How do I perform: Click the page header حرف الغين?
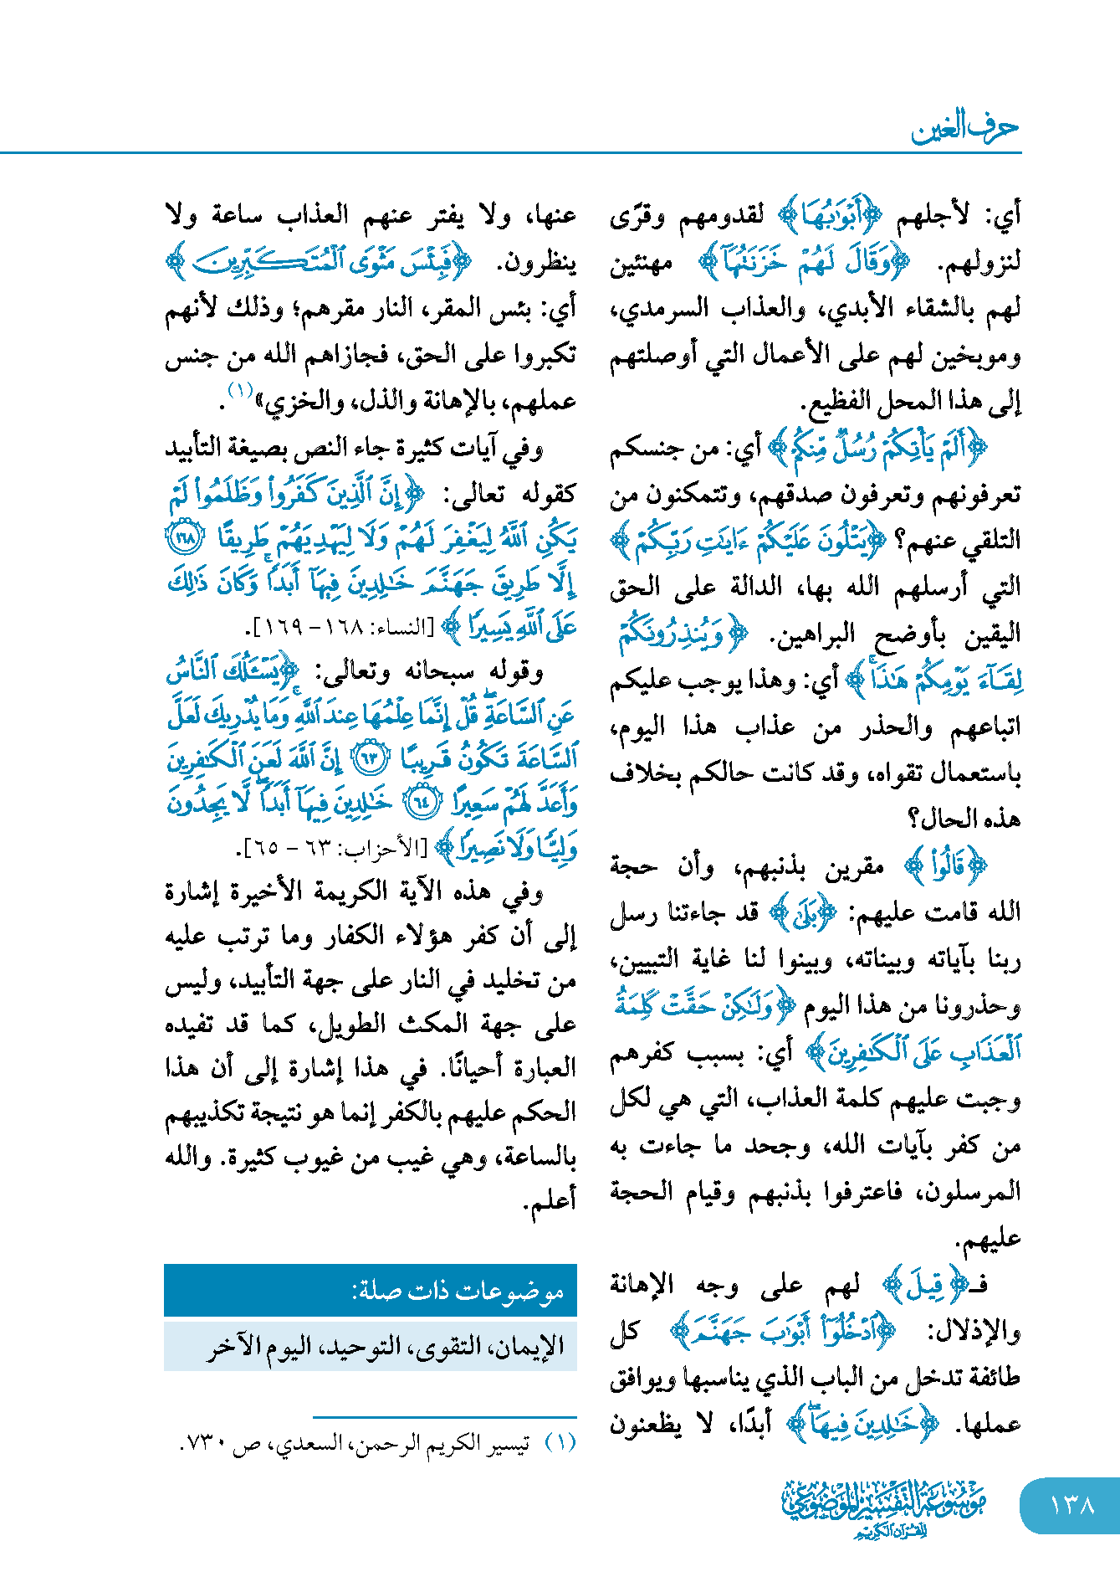pyautogui.click(x=964, y=128)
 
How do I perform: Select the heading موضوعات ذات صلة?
pyautogui.click(x=458, y=1291)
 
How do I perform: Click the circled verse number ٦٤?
pyautogui.click(x=422, y=804)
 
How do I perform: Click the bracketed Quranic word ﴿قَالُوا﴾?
pyautogui.click(x=947, y=866)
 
